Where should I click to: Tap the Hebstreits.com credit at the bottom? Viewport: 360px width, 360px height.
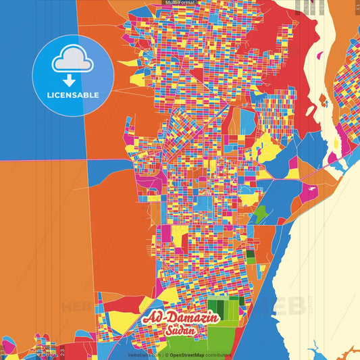coord(145,355)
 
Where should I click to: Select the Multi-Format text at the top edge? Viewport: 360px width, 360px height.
coord(179,3)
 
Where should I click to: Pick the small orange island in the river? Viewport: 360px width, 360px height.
coord(323,101)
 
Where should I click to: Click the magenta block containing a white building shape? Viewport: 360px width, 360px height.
coord(309,192)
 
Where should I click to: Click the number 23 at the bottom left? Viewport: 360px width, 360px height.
coord(62,352)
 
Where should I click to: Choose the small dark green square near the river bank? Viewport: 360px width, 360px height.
coord(251,257)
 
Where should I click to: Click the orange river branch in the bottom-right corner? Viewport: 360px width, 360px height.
coord(348,352)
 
